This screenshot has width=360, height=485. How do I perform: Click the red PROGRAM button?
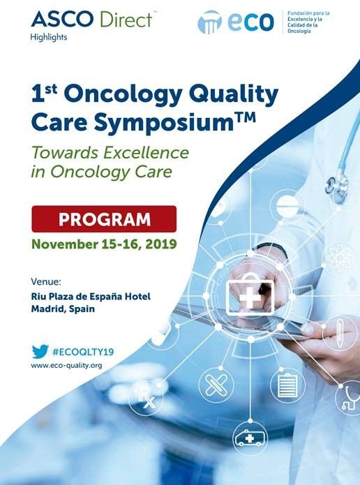click(x=104, y=218)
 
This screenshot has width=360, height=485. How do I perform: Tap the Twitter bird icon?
click(x=40, y=352)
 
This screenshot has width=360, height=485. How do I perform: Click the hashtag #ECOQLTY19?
click(x=83, y=352)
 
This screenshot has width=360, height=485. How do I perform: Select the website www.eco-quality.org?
click(x=66, y=365)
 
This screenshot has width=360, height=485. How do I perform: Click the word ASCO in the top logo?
click(x=62, y=19)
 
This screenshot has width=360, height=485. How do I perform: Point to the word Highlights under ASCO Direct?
click(x=49, y=37)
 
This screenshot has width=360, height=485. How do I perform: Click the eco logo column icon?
click(x=210, y=22)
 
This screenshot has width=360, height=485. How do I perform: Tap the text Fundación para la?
click(x=308, y=13)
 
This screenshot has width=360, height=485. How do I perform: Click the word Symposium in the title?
click(x=164, y=122)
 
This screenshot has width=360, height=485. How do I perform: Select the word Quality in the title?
click(x=234, y=94)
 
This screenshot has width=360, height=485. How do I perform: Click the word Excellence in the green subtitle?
click(x=146, y=152)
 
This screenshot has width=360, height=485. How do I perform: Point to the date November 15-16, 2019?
click(x=104, y=244)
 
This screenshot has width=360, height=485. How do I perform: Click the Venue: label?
click(x=46, y=282)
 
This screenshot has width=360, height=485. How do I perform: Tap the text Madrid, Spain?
click(x=63, y=308)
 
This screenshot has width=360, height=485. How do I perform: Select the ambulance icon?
click(x=250, y=438)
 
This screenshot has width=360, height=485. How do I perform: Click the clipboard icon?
click(x=287, y=385)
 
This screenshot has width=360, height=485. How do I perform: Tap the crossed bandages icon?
click(x=216, y=385)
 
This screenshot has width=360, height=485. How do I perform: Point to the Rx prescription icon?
click(x=147, y=398)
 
